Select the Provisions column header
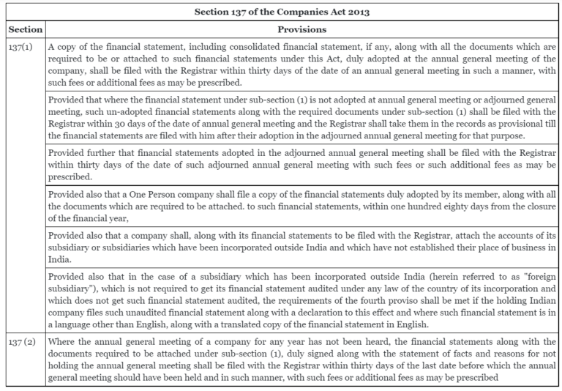[x=301, y=30]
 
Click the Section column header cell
[x=24, y=30]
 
